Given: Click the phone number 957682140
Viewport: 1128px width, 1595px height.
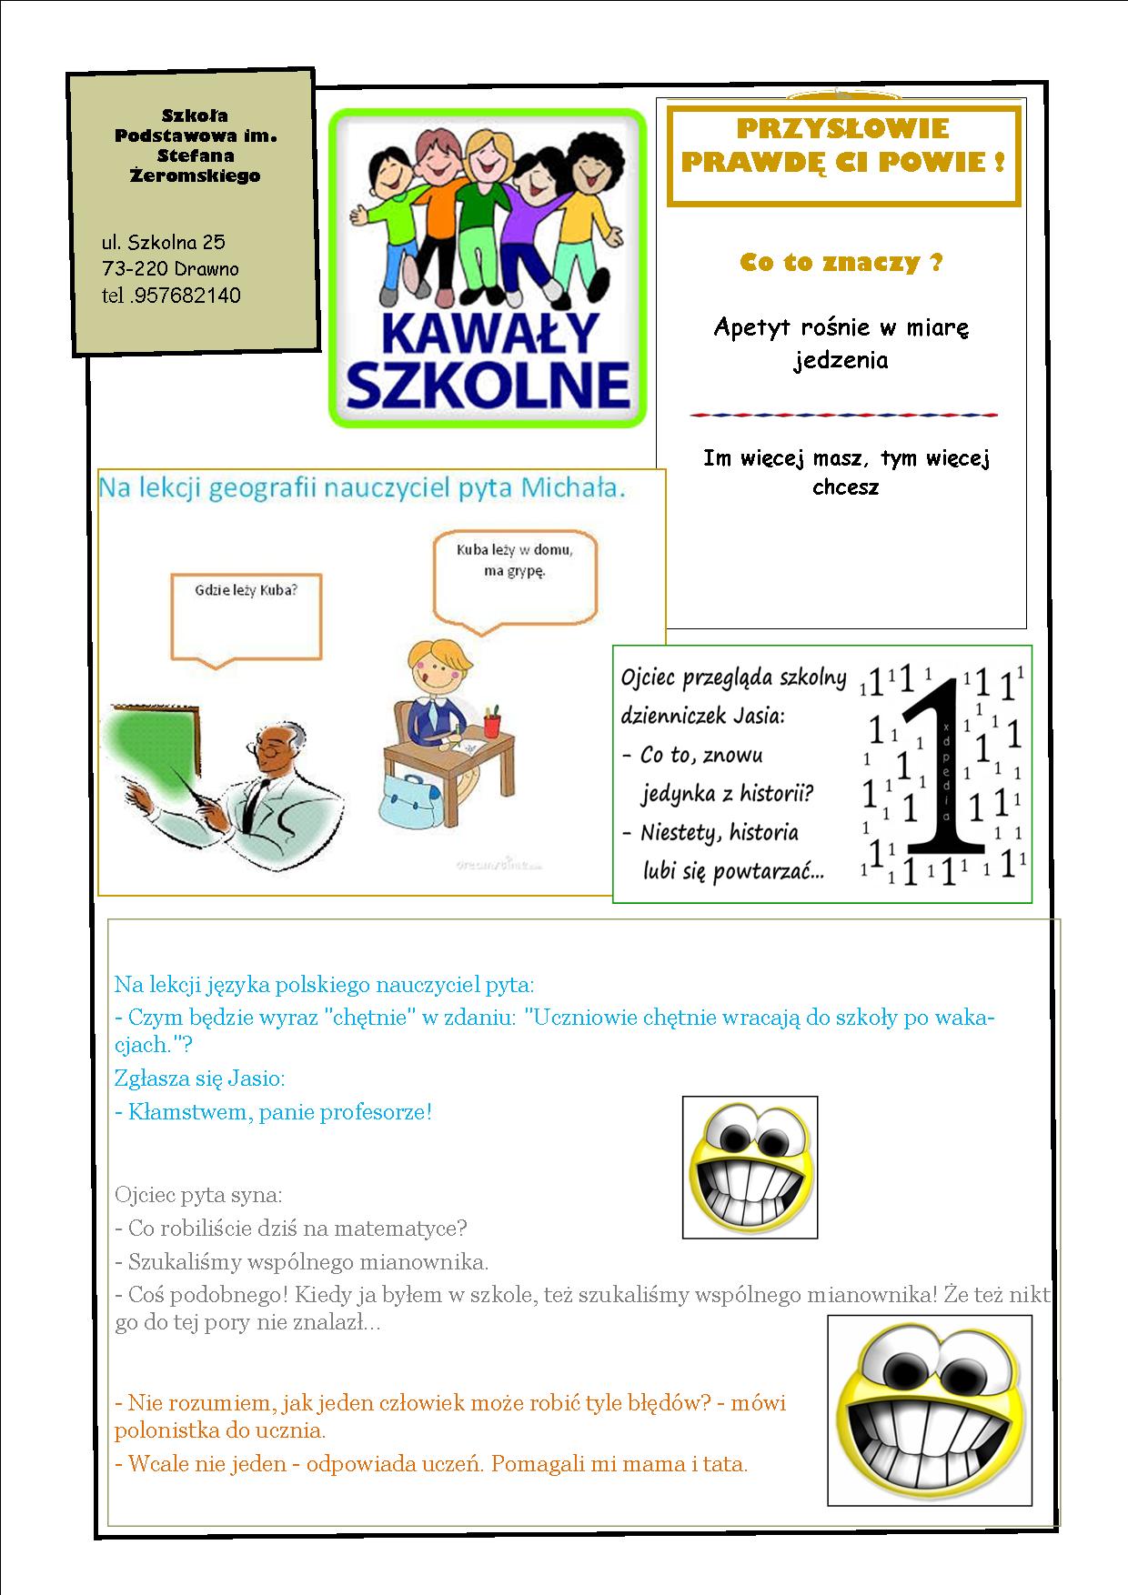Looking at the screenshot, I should click(x=186, y=295).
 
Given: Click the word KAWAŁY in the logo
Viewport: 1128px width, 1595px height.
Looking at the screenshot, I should click(x=487, y=333).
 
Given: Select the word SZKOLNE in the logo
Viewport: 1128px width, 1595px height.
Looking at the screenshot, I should click(x=488, y=386).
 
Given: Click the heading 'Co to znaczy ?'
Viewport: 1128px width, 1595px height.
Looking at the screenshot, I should click(x=841, y=263).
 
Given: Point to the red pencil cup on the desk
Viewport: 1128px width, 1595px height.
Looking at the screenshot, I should click(x=492, y=724).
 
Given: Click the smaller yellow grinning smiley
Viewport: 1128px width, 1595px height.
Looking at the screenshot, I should click(x=750, y=1168).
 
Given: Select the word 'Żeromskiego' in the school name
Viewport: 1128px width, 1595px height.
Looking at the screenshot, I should click(x=196, y=176).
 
